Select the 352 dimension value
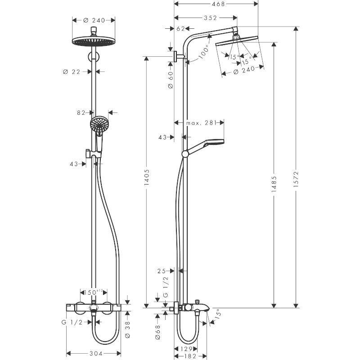(x=210, y=18)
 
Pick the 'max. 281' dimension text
(x=202, y=122)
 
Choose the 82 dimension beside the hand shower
(x=81, y=113)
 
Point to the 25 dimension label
(x=162, y=271)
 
